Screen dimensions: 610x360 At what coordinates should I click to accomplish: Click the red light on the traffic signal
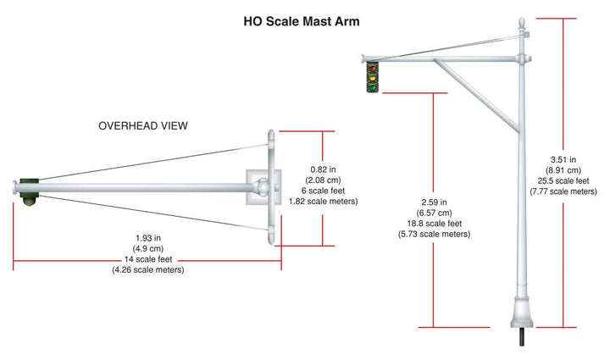(372, 69)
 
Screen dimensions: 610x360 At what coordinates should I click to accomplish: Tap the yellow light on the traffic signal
(372, 78)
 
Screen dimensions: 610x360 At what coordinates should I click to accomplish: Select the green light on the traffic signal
(372, 87)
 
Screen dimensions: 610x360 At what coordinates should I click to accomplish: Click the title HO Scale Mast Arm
(302, 21)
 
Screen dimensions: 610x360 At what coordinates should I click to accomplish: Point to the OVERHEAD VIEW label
(143, 126)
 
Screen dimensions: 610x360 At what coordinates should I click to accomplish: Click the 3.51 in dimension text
(563, 160)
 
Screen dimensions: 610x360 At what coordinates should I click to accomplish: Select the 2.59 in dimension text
(434, 202)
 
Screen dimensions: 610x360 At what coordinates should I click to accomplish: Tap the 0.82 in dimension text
(323, 169)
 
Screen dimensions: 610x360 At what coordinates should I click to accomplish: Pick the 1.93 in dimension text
(148, 238)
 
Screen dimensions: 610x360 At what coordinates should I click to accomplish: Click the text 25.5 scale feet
(563, 180)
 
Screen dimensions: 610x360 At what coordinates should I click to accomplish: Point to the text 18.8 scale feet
(434, 224)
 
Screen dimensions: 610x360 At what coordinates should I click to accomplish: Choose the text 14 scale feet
(148, 259)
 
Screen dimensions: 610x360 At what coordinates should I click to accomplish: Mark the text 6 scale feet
(323, 191)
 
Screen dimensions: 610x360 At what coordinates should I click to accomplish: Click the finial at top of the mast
(522, 23)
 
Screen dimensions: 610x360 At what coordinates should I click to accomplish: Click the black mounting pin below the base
(522, 336)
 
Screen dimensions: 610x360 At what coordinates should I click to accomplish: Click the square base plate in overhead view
(263, 187)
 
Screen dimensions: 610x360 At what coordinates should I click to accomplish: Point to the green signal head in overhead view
(30, 191)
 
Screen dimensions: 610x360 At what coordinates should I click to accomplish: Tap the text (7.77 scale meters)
(563, 191)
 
